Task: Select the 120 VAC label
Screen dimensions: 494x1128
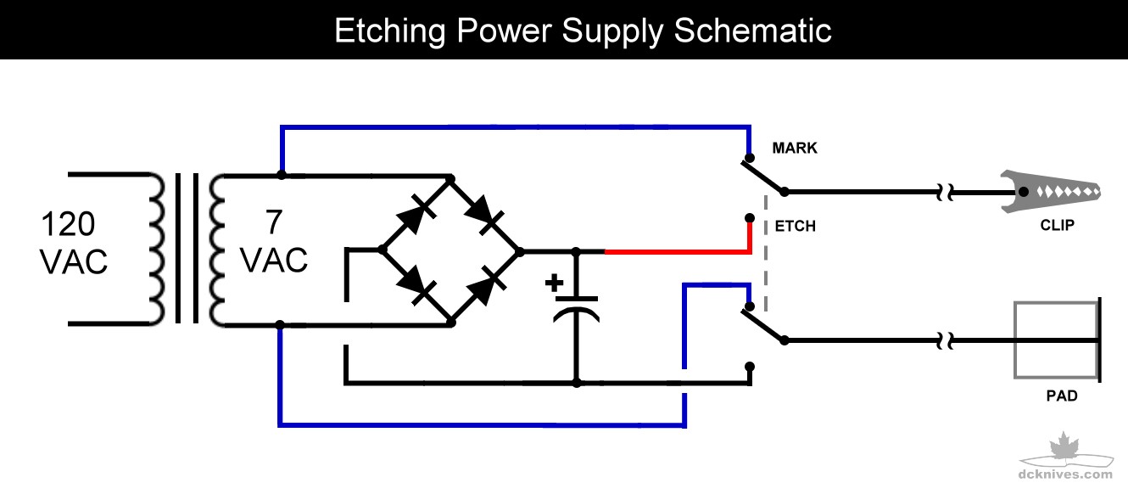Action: [74, 244]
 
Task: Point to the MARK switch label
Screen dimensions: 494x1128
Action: [795, 149]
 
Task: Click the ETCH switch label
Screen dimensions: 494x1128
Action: [795, 227]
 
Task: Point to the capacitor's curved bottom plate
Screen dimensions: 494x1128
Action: [577, 315]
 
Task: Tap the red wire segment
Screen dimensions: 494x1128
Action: [678, 252]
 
